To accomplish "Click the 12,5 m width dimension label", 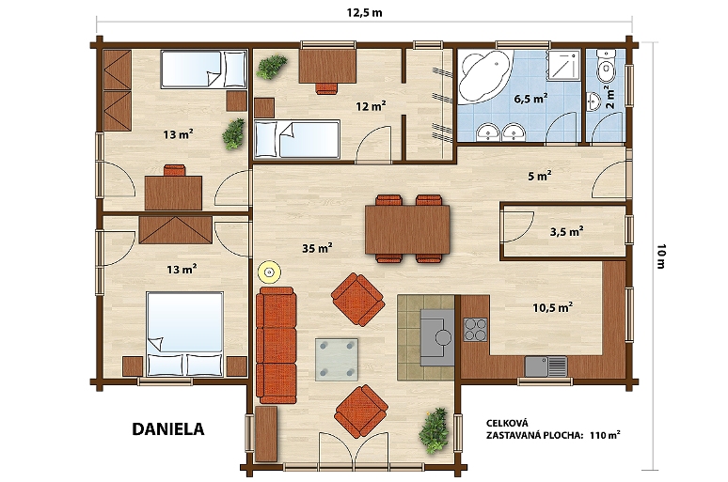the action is [364, 12].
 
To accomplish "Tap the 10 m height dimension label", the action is [661, 257].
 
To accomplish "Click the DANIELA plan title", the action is [168, 429].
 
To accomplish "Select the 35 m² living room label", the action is [317, 248].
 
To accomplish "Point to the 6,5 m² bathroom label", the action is [530, 99].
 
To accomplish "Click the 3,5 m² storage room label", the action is [566, 231].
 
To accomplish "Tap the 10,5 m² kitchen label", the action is [552, 307].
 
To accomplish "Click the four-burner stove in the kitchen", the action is [475, 330].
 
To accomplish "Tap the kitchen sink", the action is [546, 366].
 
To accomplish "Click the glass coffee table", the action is [337, 360].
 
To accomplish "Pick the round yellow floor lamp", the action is [269, 272].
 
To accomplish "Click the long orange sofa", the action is [277, 345].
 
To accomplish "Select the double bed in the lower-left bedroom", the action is [184, 334].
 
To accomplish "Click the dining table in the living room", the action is [407, 230].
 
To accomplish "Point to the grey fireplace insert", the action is [437, 337].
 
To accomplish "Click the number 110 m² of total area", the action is [605, 435].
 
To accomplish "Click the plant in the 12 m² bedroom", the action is [272, 67].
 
